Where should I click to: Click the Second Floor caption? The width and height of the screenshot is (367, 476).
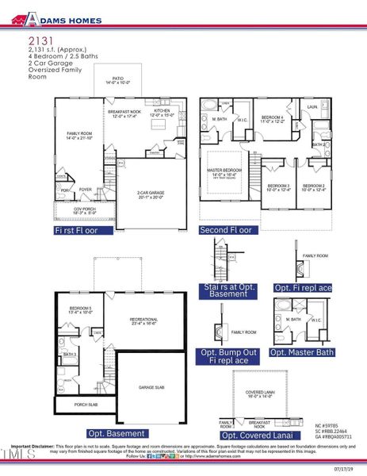pos(225,230)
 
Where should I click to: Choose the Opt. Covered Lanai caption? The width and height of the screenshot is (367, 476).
pos(257,436)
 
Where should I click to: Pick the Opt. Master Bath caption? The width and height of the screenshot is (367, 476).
pos(303,351)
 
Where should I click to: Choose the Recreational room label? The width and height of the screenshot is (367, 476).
pos(146,321)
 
